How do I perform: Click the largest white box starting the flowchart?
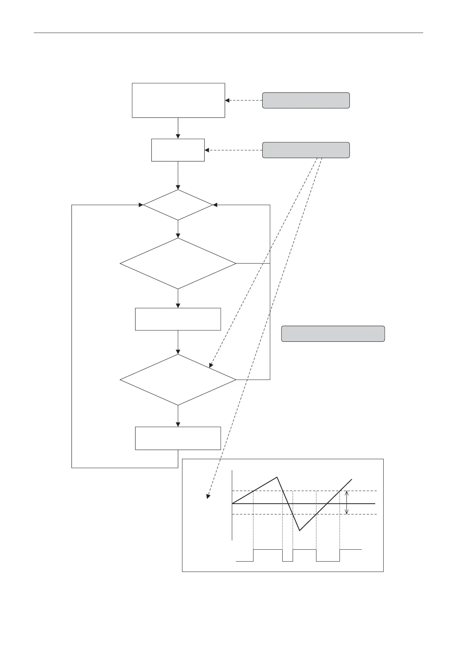coord(178,100)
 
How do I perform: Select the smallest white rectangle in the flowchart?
coord(178,150)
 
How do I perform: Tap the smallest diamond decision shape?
coord(178,205)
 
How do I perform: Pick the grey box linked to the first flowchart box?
coord(306,100)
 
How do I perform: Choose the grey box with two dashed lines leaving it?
coord(306,150)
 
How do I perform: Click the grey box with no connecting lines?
coord(333,334)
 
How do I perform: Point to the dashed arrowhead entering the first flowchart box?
coord(227,101)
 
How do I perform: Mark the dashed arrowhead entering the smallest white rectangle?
coord(207,150)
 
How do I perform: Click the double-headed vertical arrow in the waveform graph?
coord(347,503)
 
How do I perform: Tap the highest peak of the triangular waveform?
coord(277,477)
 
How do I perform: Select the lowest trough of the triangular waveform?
coord(300,531)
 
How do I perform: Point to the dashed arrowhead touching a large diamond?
coord(211,366)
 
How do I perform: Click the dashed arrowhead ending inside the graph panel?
coord(208,496)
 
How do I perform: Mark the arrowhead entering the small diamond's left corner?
coord(141,205)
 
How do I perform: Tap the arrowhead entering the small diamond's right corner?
coord(215,205)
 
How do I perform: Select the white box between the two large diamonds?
coord(178,319)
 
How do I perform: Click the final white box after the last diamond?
coord(178,438)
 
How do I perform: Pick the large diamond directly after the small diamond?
coord(178,264)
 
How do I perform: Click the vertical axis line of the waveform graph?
coord(232,504)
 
